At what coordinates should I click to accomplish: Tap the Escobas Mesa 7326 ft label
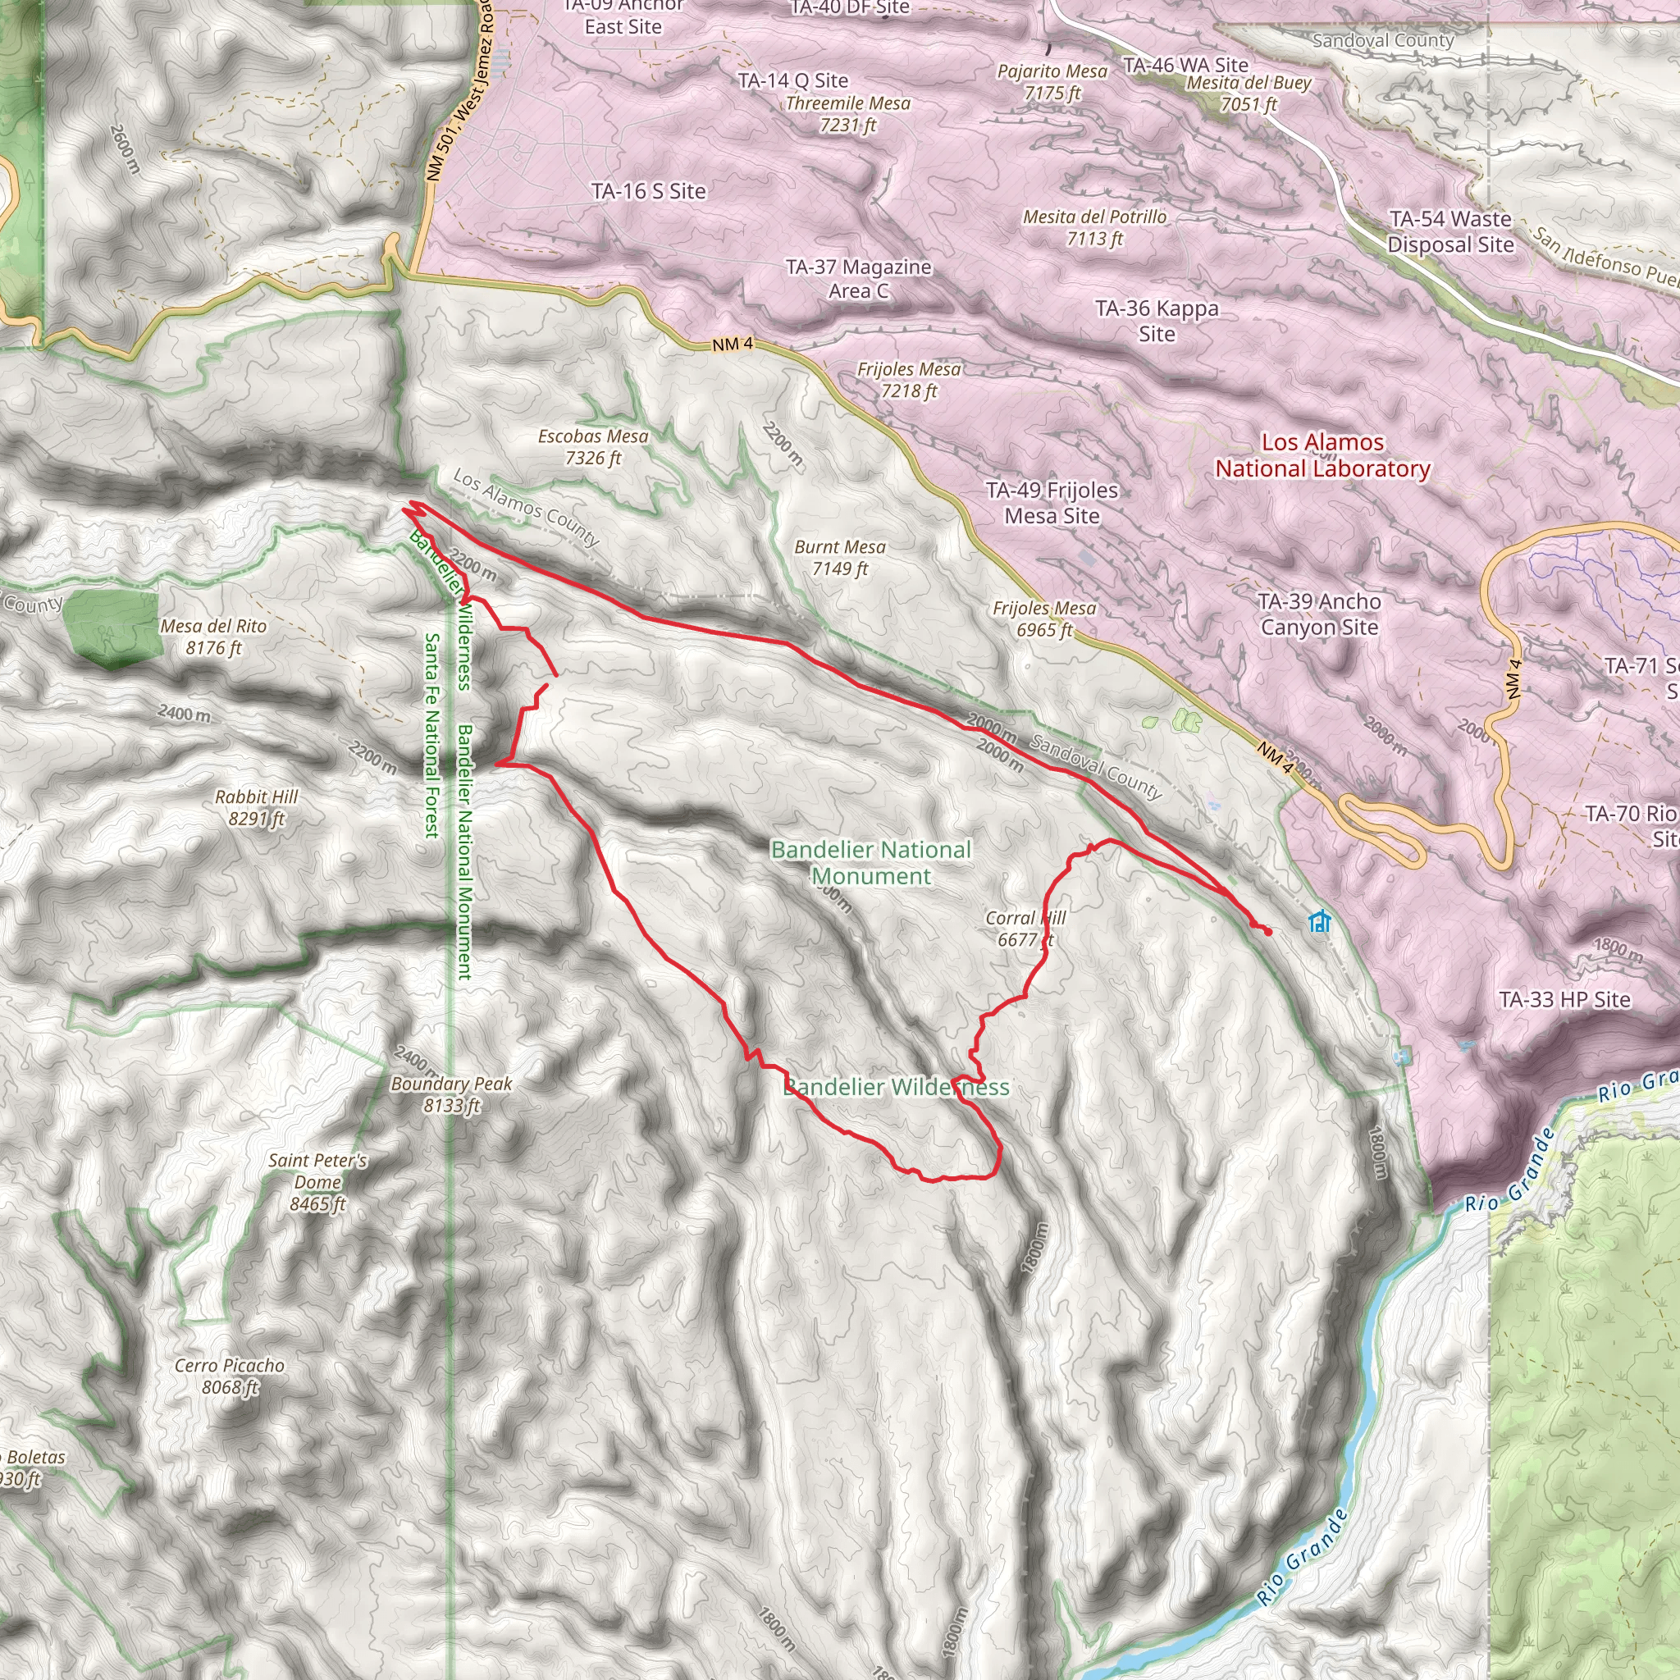(x=593, y=447)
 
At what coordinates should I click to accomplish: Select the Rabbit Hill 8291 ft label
(x=256, y=808)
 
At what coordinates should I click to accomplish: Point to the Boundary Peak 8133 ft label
(x=451, y=1095)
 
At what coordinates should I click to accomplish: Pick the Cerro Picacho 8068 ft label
(x=230, y=1376)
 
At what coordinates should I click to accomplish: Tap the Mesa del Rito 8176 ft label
(x=213, y=637)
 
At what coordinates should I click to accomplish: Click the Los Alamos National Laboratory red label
(x=1322, y=455)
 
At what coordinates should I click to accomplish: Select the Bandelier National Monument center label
(x=870, y=863)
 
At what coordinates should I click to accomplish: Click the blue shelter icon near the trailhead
(x=1319, y=921)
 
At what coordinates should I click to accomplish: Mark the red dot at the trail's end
(x=1268, y=932)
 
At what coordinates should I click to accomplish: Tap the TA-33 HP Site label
(x=1564, y=1000)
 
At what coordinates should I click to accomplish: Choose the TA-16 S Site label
(x=649, y=191)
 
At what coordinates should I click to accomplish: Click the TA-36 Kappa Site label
(x=1157, y=321)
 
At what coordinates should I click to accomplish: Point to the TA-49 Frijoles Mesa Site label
(x=1052, y=503)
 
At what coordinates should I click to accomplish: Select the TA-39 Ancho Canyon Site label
(x=1319, y=614)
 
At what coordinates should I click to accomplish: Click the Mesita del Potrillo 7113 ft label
(x=1095, y=227)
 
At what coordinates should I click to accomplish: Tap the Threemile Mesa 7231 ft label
(x=848, y=114)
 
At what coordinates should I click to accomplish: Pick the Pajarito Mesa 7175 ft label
(x=1052, y=82)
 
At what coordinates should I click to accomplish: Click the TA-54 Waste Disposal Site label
(x=1450, y=231)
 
